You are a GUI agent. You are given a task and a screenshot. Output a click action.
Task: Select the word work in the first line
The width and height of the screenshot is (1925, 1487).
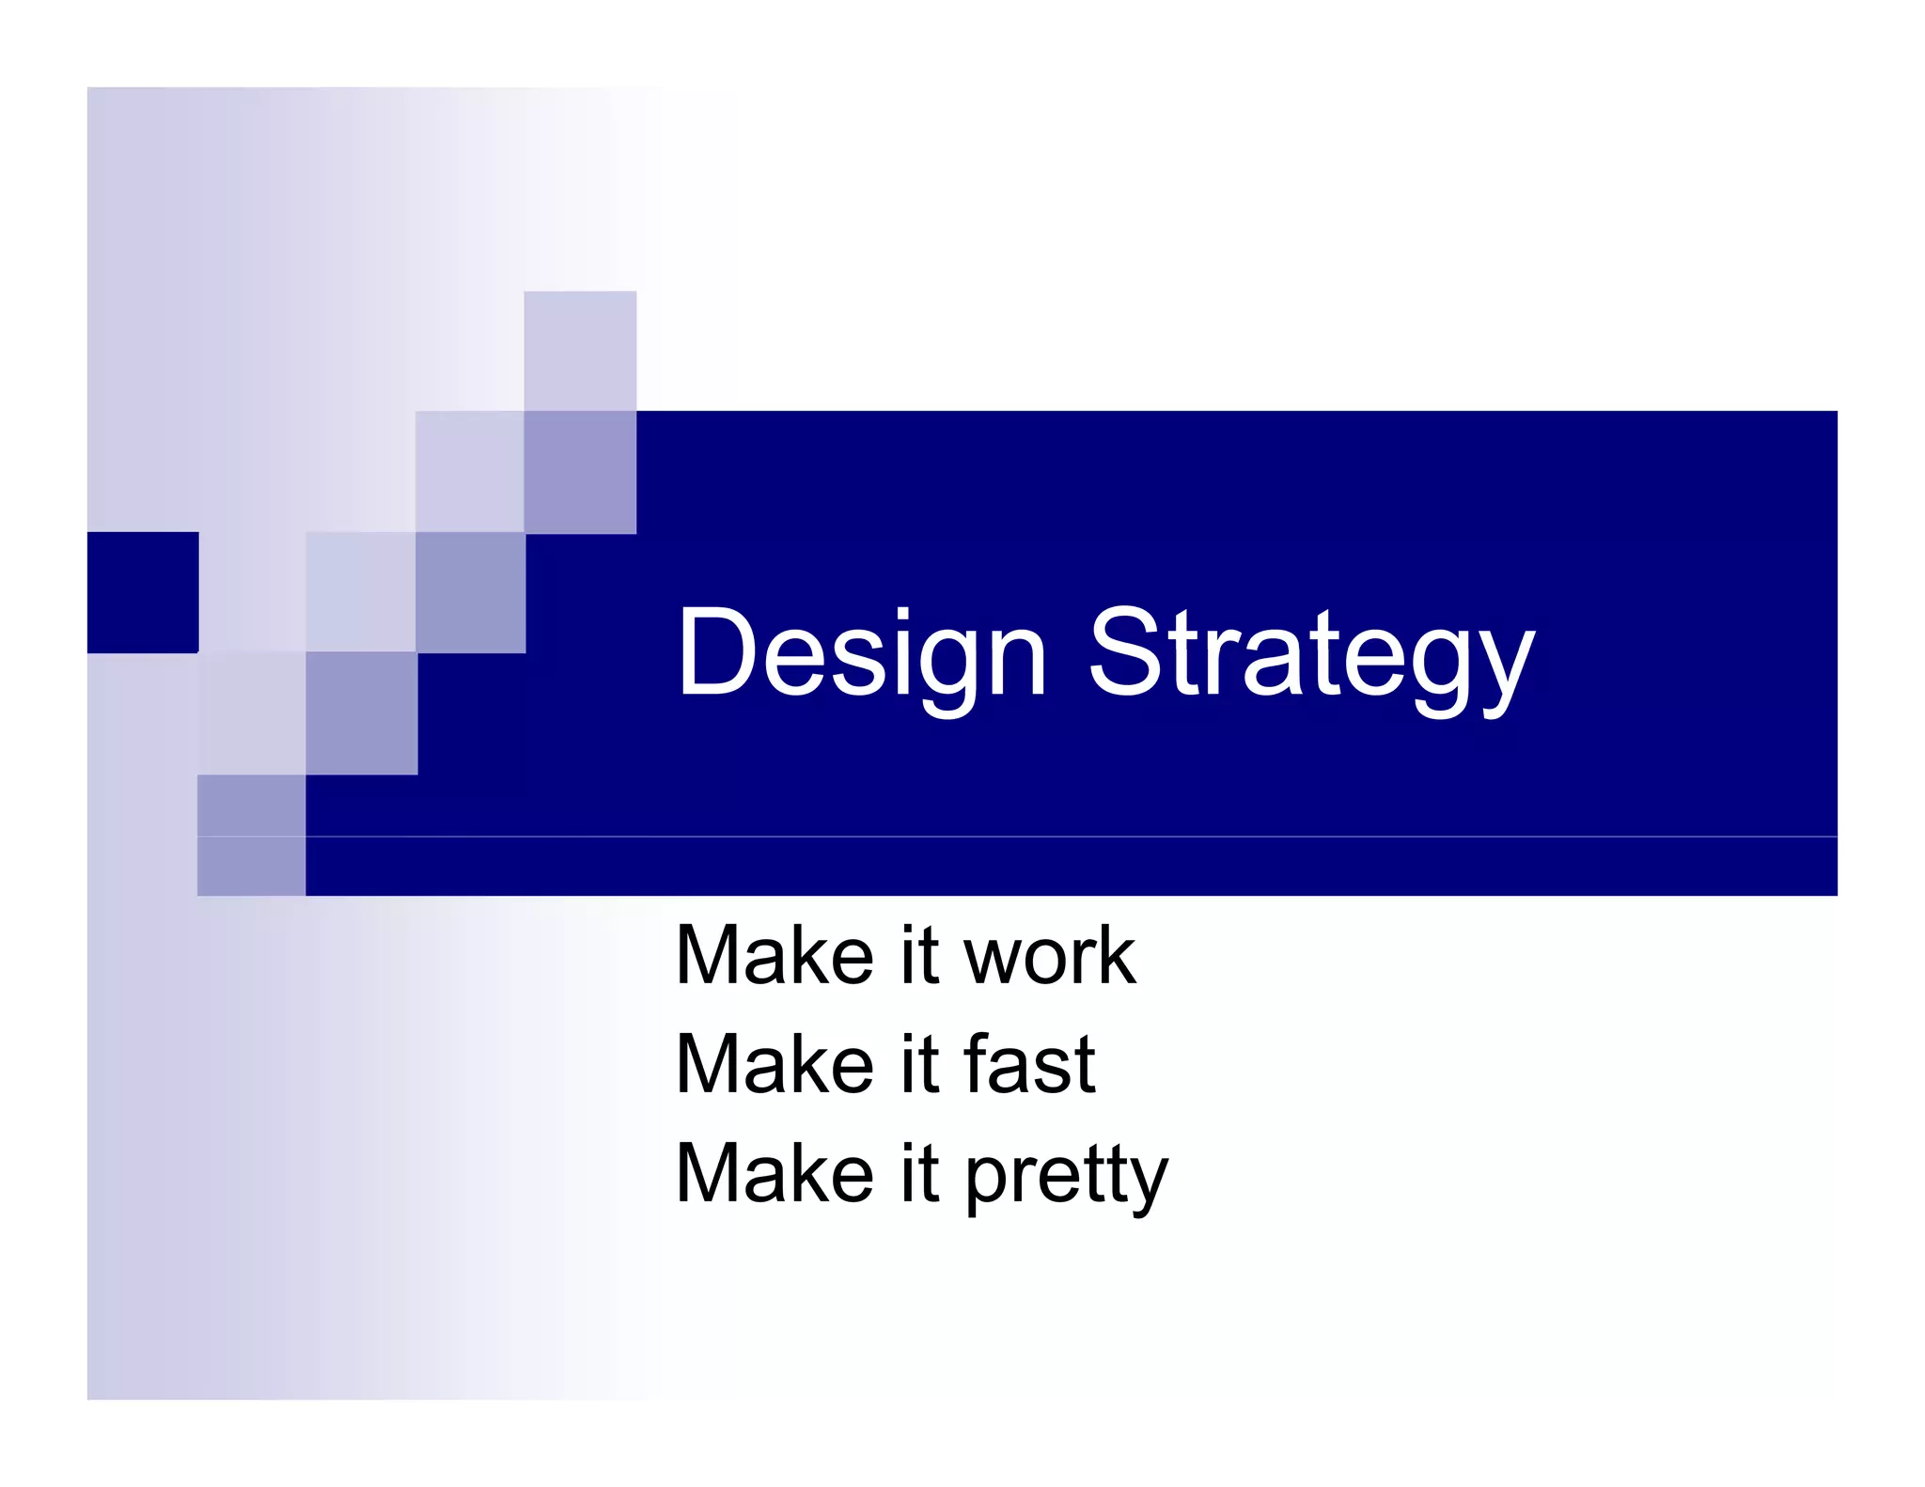[1049, 957]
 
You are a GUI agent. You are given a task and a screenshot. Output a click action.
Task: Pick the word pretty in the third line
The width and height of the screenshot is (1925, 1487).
[1066, 1175]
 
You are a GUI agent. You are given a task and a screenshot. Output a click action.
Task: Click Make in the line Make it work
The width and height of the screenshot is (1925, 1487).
[775, 957]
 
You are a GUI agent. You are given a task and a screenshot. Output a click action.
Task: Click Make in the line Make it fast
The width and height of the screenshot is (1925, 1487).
[775, 1065]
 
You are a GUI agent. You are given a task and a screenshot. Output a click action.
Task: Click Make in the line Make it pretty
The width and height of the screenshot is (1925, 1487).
[775, 1175]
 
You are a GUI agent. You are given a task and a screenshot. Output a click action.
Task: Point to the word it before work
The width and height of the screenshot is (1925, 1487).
[919, 955]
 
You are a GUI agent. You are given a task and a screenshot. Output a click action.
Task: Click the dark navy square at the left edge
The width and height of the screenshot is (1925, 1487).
[142, 592]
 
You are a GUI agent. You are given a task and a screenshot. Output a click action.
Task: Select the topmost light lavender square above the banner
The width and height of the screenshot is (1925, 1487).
[579, 350]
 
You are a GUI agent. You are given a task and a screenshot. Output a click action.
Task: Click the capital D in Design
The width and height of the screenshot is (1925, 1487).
[720, 651]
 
